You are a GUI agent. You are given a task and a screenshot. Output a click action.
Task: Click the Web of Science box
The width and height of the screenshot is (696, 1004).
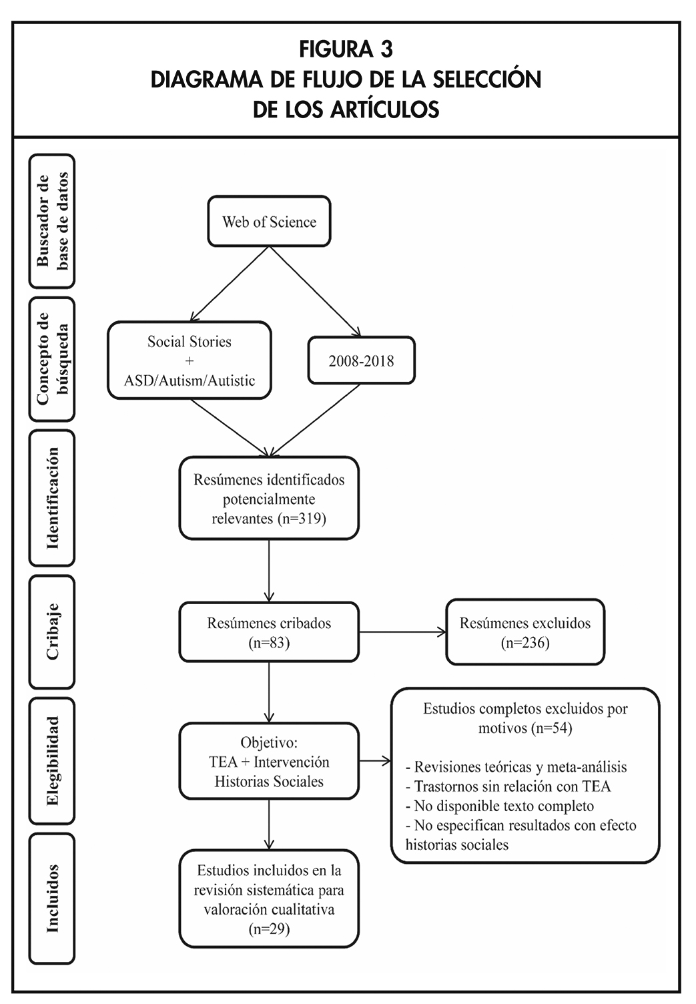(x=269, y=222)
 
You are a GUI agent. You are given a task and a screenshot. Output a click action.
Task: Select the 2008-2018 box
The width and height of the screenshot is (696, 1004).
(x=361, y=361)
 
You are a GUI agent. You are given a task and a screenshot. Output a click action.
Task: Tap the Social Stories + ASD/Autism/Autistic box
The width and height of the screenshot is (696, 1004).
(x=190, y=361)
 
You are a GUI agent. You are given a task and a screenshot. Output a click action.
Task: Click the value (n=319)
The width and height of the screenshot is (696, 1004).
(x=301, y=519)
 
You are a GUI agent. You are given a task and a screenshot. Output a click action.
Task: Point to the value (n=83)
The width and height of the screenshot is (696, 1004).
(x=269, y=643)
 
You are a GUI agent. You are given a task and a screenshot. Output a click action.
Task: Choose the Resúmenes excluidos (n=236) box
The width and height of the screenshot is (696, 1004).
(x=525, y=632)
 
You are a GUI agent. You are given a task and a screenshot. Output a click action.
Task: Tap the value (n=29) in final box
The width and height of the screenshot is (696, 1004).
(x=269, y=929)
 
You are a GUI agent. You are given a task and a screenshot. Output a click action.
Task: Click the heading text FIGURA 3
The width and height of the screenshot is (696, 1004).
(x=346, y=49)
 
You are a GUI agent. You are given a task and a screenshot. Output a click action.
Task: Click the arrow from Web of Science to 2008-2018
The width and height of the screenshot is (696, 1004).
(x=315, y=291)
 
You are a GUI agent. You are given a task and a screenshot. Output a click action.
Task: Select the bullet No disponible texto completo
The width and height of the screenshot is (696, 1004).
(x=499, y=806)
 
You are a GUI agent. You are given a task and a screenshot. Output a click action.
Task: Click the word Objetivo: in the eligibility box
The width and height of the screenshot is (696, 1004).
(x=269, y=742)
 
